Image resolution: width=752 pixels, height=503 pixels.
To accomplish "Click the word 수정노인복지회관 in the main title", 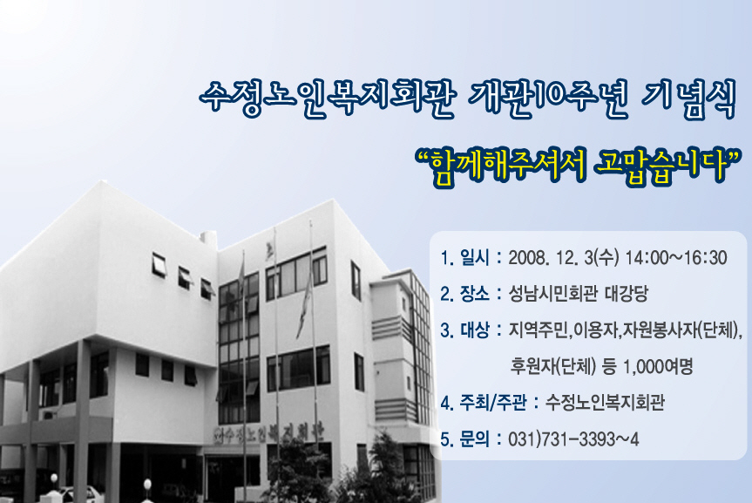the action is click(x=327, y=98).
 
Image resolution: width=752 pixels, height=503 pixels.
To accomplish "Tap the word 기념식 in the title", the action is click(x=688, y=100).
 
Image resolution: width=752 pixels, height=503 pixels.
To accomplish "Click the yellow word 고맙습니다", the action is click(x=661, y=165).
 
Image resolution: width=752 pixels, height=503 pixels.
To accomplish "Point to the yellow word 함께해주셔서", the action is click(x=507, y=166).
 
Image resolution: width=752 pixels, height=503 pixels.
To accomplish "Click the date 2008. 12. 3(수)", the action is click(x=564, y=258).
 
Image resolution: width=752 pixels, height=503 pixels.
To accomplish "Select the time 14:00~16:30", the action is click(x=676, y=258).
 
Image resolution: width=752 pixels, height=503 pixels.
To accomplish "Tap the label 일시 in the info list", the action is click(x=474, y=258).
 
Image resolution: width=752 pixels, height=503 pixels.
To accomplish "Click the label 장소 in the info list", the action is click(x=474, y=294).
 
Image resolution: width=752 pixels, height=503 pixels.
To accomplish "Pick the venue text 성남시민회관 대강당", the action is click(x=579, y=294).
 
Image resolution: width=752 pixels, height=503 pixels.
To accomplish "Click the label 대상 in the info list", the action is click(x=474, y=330).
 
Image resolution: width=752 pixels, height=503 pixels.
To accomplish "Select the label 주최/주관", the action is click(x=493, y=402).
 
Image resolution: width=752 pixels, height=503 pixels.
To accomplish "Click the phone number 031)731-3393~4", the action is click(x=573, y=438).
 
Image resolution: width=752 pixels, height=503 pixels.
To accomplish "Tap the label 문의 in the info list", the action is click(x=474, y=438).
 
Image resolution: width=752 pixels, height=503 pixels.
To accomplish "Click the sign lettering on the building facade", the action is click(x=268, y=432).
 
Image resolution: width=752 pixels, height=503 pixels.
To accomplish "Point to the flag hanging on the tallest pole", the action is click(x=304, y=302).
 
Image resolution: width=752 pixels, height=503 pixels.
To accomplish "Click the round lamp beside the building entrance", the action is click(x=147, y=483).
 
